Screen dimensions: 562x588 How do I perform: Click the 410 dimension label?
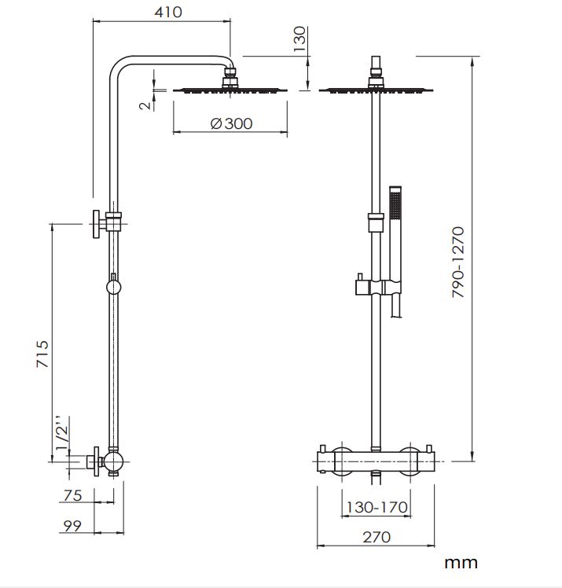[x=168, y=12]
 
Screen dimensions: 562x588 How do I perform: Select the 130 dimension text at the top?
[x=299, y=39]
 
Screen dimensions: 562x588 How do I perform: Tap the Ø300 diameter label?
[x=231, y=123]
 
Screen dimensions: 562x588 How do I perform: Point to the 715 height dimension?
[x=42, y=354]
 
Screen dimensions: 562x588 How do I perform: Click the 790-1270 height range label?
[x=457, y=262]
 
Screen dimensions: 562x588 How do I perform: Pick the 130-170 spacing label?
[x=377, y=507]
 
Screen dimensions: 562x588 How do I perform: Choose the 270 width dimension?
[x=377, y=537]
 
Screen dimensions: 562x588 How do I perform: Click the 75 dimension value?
[x=72, y=495]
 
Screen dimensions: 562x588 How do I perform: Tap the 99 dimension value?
[x=72, y=526]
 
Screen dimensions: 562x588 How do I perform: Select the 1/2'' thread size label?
[x=62, y=433]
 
